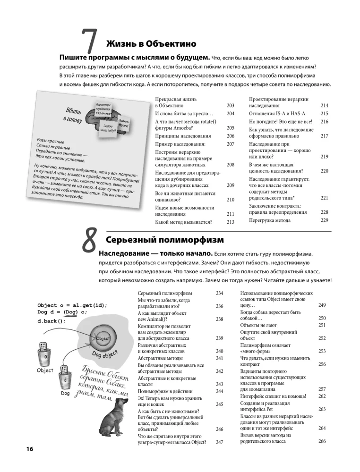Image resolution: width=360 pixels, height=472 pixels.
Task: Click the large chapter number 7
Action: pos(90,43)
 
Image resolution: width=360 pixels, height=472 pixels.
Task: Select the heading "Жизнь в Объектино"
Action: pos(151,44)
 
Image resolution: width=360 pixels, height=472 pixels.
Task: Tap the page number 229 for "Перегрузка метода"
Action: pos(324,220)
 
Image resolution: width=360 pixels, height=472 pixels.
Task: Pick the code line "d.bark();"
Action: pos(51,321)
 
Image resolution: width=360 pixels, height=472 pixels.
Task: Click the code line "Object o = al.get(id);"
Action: pos(72,304)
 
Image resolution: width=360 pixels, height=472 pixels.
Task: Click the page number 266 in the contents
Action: pos(322,441)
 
